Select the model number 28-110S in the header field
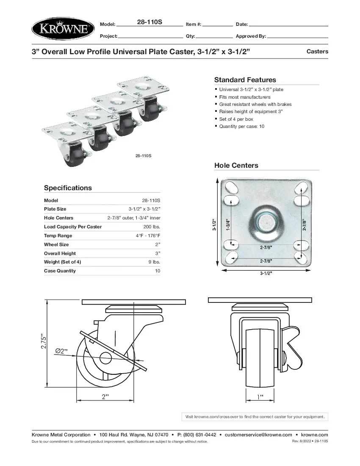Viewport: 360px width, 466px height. (x=150, y=22)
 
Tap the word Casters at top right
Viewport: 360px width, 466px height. (x=317, y=51)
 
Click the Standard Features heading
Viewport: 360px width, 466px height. (x=245, y=80)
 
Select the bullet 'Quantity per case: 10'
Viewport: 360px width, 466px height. (x=241, y=126)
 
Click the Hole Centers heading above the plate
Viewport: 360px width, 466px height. (x=236, y=165)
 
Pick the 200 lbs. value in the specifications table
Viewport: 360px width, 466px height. (x=152, y=227)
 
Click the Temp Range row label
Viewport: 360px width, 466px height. (x=58, y=236)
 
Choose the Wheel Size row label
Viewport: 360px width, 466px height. (x=56, y=244)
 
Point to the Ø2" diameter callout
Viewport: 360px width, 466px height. (x=62, y=351)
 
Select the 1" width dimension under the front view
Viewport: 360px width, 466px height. (x=260, y=397)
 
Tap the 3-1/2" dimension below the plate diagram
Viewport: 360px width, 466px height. (x=266, y=273)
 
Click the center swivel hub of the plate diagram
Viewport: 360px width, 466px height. (x=266, y=221)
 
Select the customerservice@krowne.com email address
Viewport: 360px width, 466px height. (x=258, y=435)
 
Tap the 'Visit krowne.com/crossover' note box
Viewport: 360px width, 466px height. (x=255, y=417)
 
